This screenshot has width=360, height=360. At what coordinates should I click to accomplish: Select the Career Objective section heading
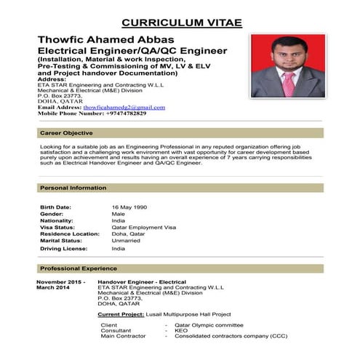coord(66,133)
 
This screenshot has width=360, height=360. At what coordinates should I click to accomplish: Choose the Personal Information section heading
coord(73,188)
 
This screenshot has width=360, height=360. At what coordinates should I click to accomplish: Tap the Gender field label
coord(52,214)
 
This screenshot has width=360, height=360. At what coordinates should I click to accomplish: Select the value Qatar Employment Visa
coord(144,227)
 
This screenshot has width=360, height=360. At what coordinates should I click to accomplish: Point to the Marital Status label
coord(61,240)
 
